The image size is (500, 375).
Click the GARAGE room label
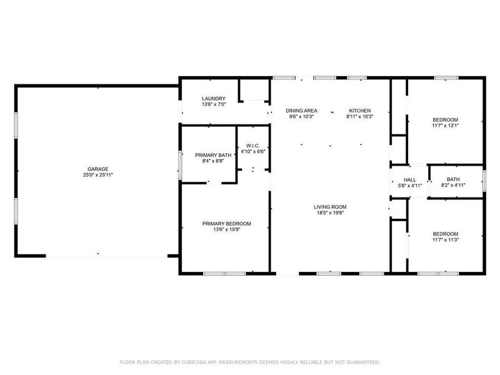(x=98, y=169)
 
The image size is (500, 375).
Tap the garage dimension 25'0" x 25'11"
(x=98, y=175)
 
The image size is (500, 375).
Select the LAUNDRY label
(x=214, y=99)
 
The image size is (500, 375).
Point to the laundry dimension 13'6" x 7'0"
(x=214, y=104)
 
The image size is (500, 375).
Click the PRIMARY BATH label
(x=213, y=155)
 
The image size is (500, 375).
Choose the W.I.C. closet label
(x=253, y=146)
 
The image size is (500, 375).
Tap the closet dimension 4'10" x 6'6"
(x=253, y=151)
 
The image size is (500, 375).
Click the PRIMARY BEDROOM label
(x=226, y=224)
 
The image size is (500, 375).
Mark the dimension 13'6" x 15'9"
(x=226, y=229)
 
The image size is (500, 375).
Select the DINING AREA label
(x=301, y=110)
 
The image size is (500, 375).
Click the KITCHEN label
(x=360, y=110)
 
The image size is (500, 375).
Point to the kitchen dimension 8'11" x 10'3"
(x=360, y=116)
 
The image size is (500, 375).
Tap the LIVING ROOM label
(x=330, y=207)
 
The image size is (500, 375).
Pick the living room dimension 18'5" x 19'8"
(x=330, y=213)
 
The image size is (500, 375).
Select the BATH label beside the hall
(x=452, y=179)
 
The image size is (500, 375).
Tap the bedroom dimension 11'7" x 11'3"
(x=445, y=239)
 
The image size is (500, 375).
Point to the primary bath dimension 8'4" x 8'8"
(x=213, y=161)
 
